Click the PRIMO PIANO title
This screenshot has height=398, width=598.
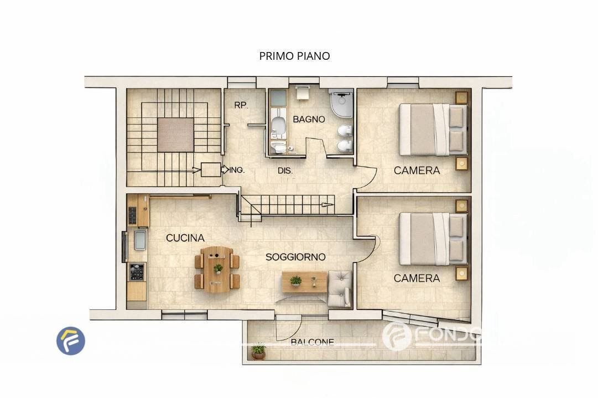[294, 56]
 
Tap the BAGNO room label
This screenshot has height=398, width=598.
[309, 119]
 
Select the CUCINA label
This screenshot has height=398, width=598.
[185, 238]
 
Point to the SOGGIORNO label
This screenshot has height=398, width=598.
[295, 257]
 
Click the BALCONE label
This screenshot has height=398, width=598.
[313, 342]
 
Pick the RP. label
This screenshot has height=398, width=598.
[240, 105]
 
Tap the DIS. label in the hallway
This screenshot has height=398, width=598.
[285, 170]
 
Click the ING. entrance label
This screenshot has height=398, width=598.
[237, 170]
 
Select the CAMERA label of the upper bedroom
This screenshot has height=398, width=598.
[417, 170]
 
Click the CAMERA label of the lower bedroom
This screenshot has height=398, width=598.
[417, 278]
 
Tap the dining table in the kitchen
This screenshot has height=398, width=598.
[217, 270]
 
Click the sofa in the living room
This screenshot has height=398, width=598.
[339, 288]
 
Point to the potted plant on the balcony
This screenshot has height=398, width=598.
[258, 352]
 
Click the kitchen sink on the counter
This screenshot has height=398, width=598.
[141, 241]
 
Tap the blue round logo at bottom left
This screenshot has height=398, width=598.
[71, 340]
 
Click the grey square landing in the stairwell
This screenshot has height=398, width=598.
[175, 134]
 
